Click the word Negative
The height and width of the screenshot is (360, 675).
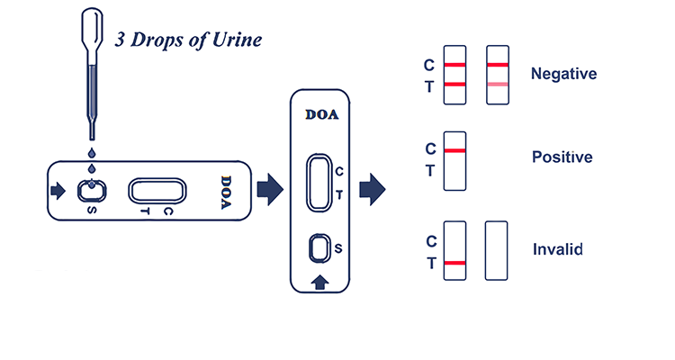[564, 74]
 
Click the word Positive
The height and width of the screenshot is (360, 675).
[562, 157]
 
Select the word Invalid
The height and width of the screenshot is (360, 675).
[558, 248]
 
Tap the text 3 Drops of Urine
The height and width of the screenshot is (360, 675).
[190, 40]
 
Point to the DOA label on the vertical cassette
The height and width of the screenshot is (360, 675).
[322, 114]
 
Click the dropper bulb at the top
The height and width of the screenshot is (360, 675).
[91, 27]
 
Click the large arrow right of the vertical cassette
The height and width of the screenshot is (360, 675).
[372, 190]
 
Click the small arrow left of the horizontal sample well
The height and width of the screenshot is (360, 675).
[59, 191]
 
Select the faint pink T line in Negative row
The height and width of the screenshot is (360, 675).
[498, 84]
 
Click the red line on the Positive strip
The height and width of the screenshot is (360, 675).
[455, 150]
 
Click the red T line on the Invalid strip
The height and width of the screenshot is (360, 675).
[455, 263]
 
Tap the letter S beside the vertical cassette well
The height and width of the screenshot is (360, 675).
[337, 247]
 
